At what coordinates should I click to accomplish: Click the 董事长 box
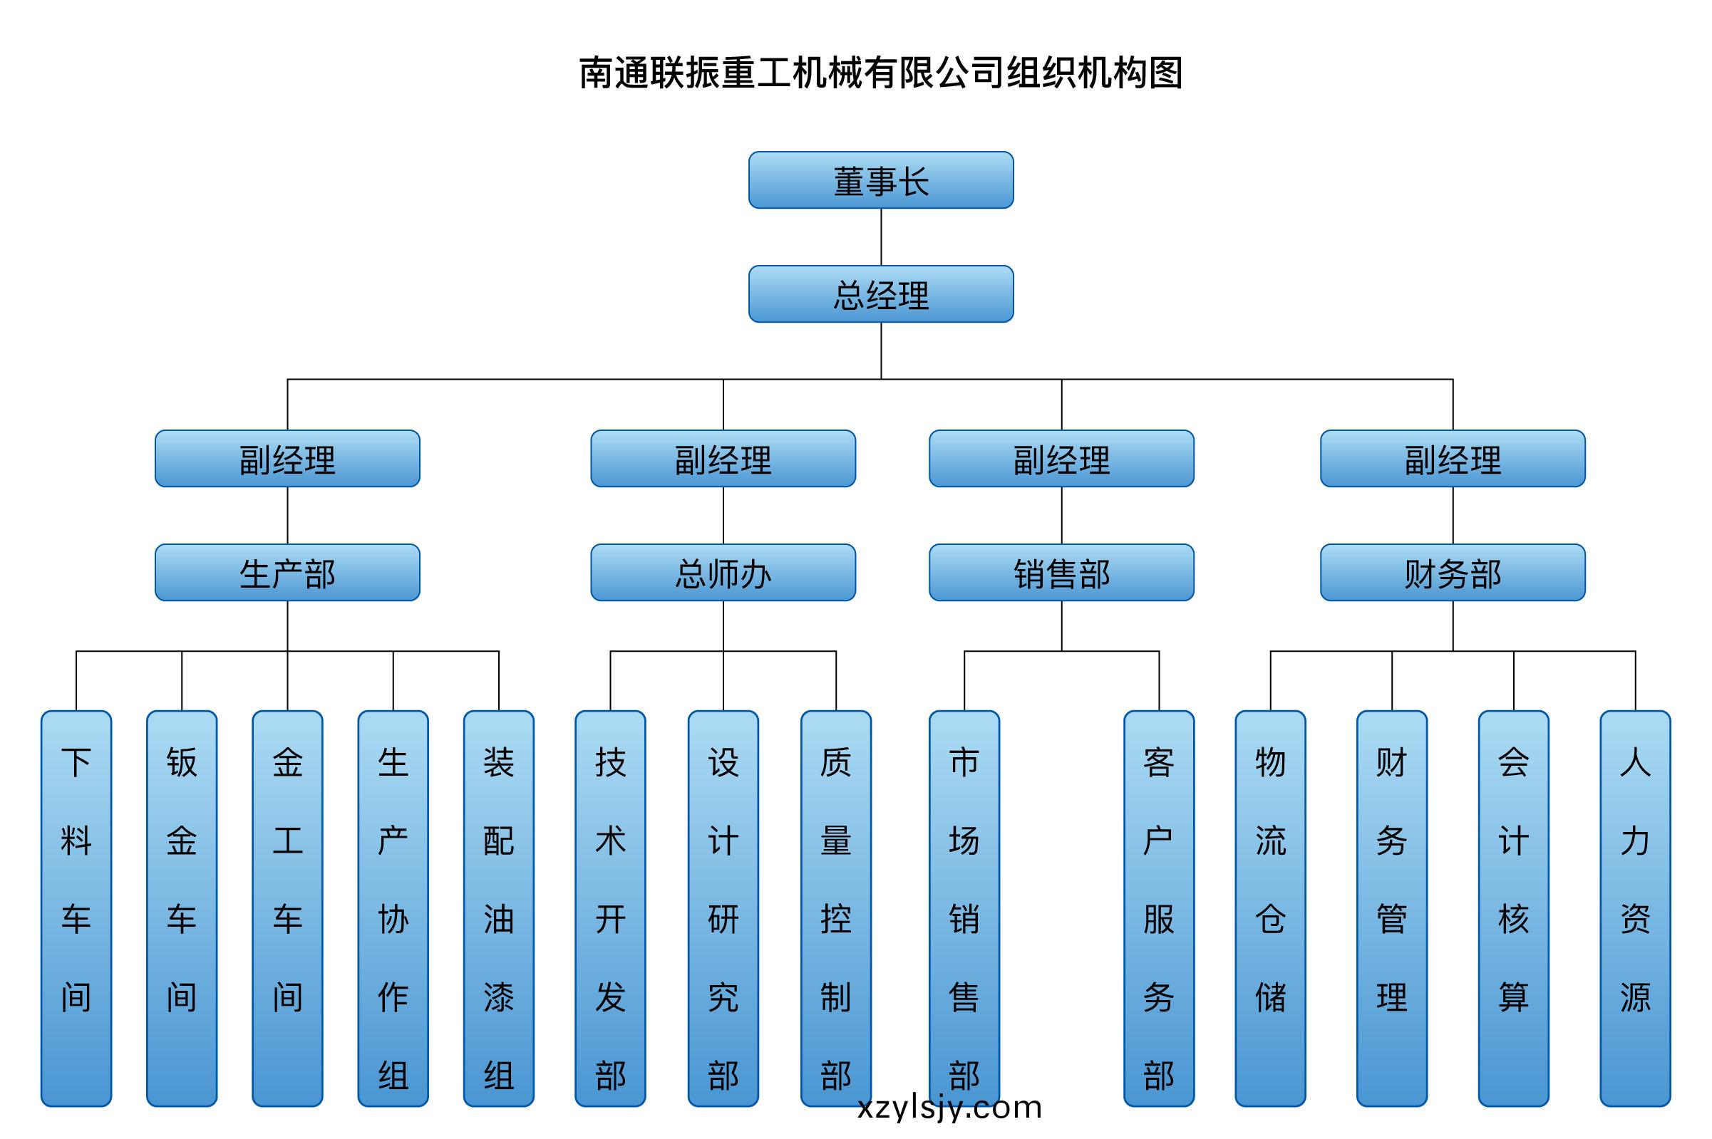tap(881, 180)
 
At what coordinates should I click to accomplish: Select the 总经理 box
tap(881, 294)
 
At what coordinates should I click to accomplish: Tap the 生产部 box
tap(287, 573)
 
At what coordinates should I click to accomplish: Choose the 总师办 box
tap(723, 573)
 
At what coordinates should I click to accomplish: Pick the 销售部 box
tap(1062, 573)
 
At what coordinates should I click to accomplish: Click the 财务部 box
tap(1453, 573)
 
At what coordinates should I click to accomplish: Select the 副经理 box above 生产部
tap(287, 458)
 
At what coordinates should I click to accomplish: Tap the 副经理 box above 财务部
tap(1453, 458)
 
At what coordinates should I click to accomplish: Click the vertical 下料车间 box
tap(76, 909)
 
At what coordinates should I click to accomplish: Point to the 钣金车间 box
tap(182, 909)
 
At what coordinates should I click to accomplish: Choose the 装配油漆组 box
tap(498, 909)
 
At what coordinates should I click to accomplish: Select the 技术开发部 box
tap(610, 909)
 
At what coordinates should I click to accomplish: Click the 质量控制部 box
tap(835, 909)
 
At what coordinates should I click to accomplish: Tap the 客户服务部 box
tap(1159, 909)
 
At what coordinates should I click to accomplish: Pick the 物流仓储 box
tap(1270, 909)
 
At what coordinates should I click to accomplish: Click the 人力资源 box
tap(1635, 909)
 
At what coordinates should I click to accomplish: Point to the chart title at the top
tap(881, 73)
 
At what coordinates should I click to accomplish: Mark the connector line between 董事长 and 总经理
tap(881, 236)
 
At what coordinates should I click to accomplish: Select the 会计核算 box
tap(1514, 909)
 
